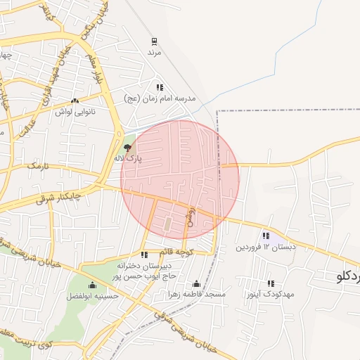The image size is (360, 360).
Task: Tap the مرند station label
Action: pos(155,53)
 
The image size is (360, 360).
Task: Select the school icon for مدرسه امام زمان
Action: pos(160,87)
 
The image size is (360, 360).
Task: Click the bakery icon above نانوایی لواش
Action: pos(75,100)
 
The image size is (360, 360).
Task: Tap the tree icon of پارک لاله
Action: pos(127,148)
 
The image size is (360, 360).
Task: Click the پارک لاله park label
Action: pos(128,159)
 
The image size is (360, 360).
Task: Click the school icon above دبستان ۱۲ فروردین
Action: pos(265,236)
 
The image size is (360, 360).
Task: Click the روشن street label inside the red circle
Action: pos(190,215)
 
